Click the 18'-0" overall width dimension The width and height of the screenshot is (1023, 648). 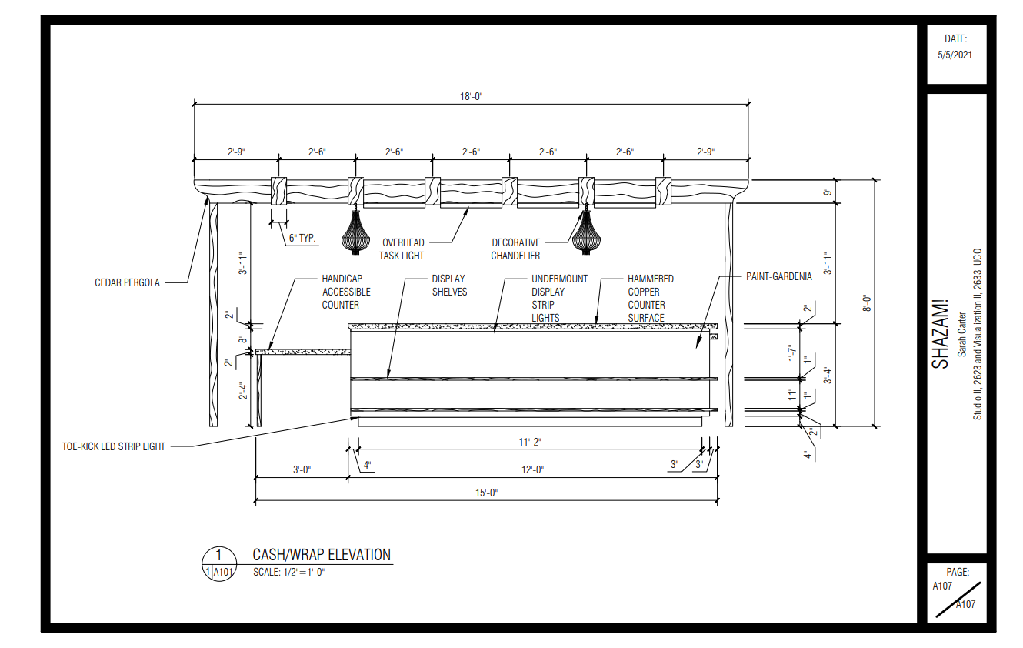[x=471, y=96]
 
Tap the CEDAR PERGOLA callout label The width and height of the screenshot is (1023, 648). [x=128, y=282]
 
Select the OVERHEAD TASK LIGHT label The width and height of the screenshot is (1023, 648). [x=402, y=249]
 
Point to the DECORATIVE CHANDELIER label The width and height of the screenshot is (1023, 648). [x=515, y=249]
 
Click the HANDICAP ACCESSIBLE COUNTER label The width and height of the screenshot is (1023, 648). [x=346, y=292]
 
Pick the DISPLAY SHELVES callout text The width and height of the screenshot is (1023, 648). [x=449, y=285]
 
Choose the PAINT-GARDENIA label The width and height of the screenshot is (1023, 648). [x=778, y=277]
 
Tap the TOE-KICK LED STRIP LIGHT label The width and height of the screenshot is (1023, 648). [x=114, y=446]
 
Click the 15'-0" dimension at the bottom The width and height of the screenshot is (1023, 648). [x=486, y=493]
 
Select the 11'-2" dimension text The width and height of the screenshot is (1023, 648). [x=530, y=442]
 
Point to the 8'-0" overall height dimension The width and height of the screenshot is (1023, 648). [x=867, y=302]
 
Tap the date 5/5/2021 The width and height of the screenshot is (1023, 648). [x=956, y=55]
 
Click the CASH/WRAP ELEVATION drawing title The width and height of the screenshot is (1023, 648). [x=322, y=555]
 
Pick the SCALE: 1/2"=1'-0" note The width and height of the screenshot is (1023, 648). [x=289, y=573]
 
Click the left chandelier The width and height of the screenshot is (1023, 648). [x=355, y=232]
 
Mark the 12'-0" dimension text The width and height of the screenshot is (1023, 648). [x=530, y=469]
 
